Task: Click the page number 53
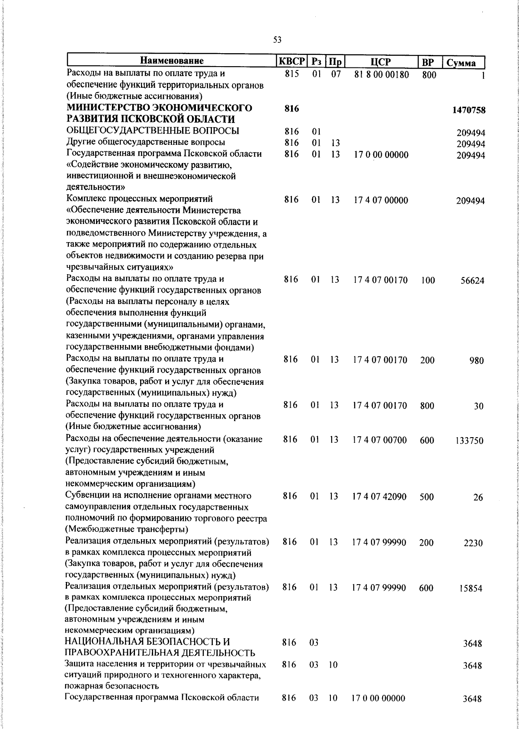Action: click(x=277, y=40)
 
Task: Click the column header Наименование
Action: click(x=172, y=61)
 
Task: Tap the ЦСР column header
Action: click(x=381, y=62)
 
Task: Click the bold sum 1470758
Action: click(x=469, y=110)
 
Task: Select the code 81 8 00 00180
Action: click(x=381, y=75)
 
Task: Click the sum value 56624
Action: click(x=472, y=281)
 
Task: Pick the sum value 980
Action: click(x=477, y=361)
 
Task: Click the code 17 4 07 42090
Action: click(x=380, y=497)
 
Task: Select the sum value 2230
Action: click(x=473, y=544)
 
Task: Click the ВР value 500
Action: click(x=426, y=497)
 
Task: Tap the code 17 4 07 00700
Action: click(x=380, y=440)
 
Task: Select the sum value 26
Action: click(x=478, y=498)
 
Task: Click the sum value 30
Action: click(x=478, y=406)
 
